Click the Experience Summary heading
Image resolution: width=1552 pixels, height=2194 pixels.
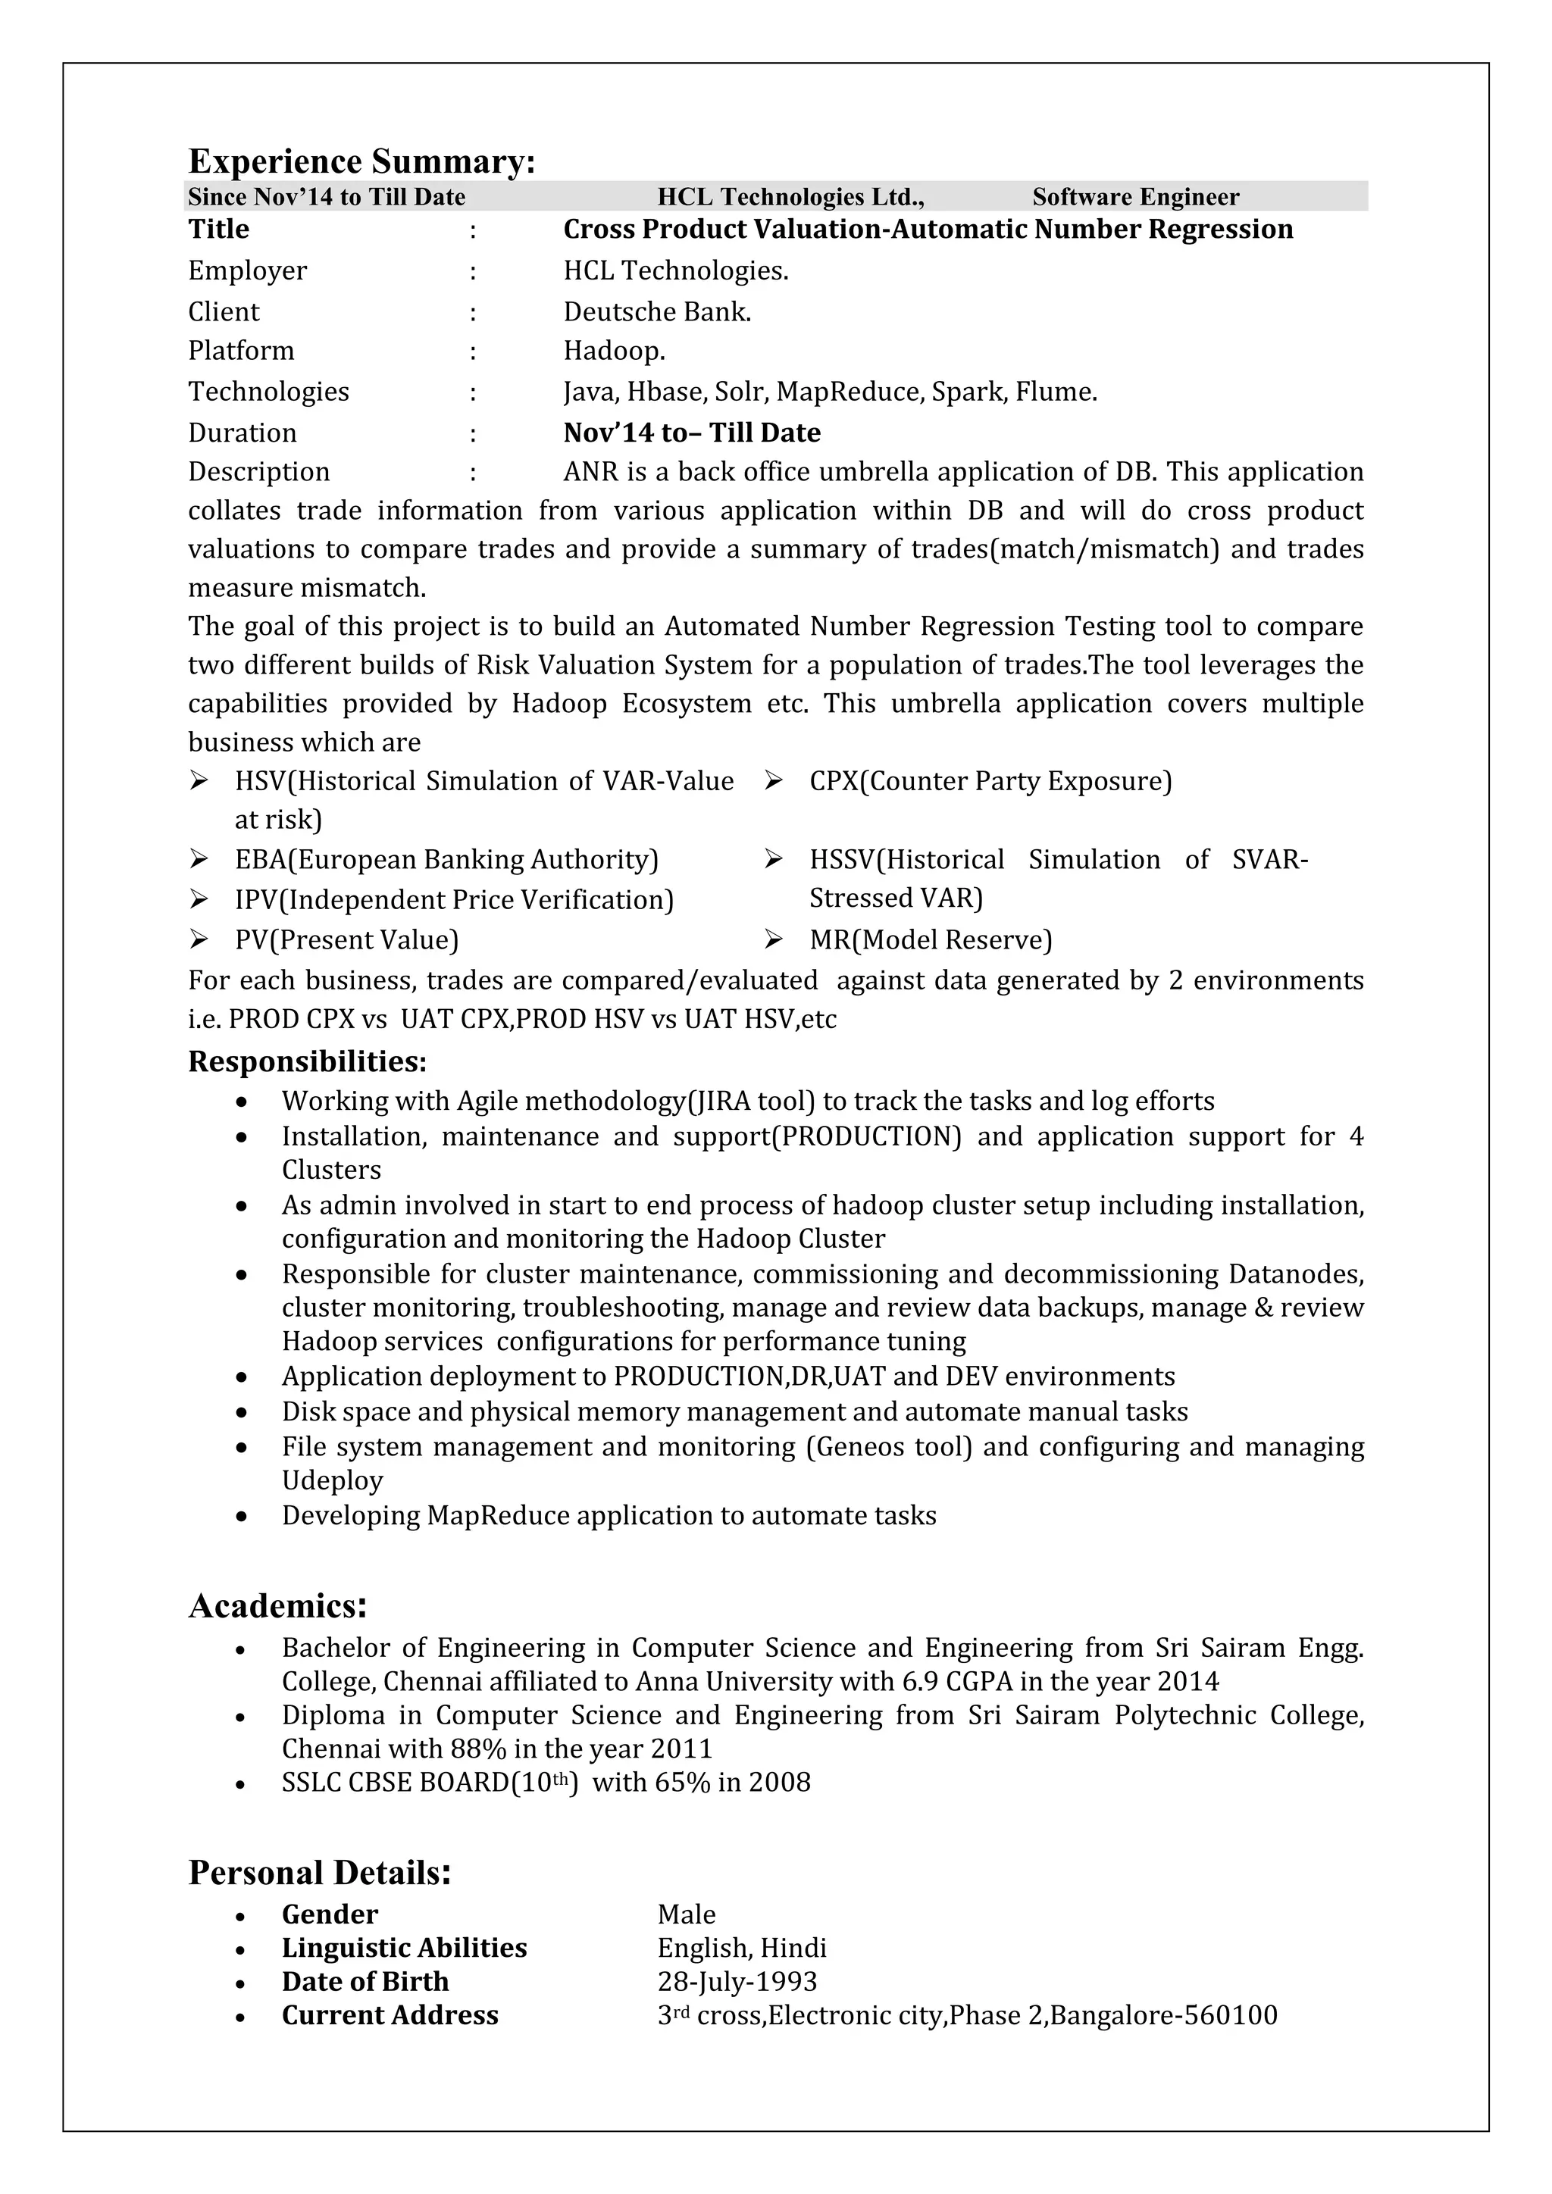[361, 161]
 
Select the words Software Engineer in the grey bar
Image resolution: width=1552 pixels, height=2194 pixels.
[1134, 197]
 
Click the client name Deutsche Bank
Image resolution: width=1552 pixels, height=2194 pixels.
[656, 311]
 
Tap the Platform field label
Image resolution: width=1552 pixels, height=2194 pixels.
[241, 351]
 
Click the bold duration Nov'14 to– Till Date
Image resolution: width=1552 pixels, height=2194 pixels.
[691, 433]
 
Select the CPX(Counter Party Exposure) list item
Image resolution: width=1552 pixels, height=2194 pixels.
[990, 781]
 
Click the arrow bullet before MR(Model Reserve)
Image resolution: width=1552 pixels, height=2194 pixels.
[773, 940]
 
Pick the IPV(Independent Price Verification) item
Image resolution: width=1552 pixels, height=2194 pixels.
[454, 900]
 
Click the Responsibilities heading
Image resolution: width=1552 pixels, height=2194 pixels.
[307, 1061]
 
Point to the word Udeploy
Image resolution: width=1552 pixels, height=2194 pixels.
[332, 1480]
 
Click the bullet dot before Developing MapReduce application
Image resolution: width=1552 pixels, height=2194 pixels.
[242, 1517]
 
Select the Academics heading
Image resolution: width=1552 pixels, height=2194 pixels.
[277, 1606]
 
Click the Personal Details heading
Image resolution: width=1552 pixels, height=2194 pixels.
[319, 1873]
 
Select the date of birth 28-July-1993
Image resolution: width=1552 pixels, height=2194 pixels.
[737, 1981]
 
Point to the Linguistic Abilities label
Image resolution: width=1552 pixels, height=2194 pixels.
[403, 1948]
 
